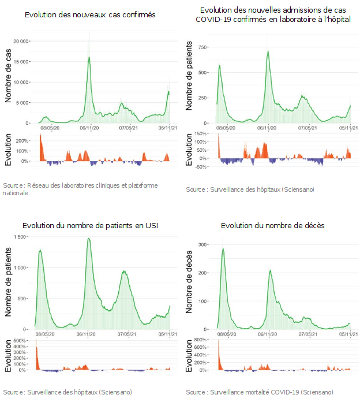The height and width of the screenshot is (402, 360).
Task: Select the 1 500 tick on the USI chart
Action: (x=20, y=237)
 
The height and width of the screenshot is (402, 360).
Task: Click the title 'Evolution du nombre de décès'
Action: (x=272, y=225)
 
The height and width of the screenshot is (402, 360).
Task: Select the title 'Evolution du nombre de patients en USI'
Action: (x=90, y=225)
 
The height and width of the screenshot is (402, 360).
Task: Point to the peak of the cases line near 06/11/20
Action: (x=89, y=57)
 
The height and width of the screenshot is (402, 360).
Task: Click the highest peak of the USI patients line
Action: (x=89, y=239)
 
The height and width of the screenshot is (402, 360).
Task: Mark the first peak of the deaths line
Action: (x=223, y=249)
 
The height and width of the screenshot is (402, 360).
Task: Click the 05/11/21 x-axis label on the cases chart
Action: (x=167, y=128)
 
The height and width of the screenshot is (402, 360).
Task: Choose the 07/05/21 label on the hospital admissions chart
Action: (x=309, y=128)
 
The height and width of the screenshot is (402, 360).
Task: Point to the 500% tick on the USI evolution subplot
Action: (x=20, y=341)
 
